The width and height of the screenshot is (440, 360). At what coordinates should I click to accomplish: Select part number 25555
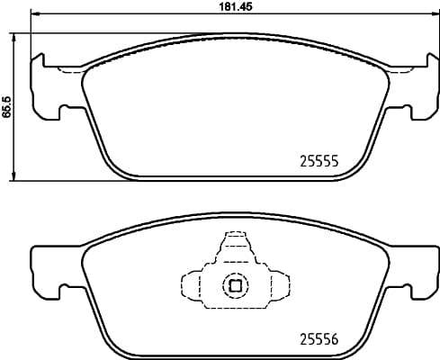(x=318, y=162)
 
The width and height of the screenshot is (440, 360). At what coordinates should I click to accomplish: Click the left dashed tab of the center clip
(x=192, y=286)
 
